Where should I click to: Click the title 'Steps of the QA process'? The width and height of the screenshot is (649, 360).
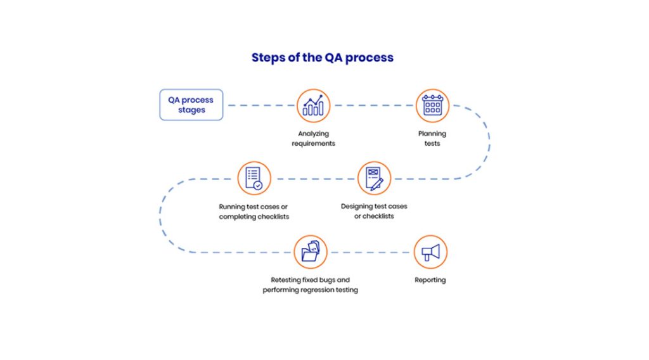tap(322, 58)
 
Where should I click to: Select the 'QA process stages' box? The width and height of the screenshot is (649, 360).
tap(191, 105)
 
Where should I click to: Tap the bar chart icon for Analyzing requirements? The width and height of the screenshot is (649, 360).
tap(314, 105)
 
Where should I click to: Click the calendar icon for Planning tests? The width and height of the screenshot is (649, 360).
tap(432, 105)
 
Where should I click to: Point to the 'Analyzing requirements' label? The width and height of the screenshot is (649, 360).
tap(314, 138)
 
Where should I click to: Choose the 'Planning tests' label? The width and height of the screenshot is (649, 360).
tap(432, 138)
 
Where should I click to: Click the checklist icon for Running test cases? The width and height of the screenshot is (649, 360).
tap(254, 177)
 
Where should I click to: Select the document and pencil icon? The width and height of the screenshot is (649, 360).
tap(374, 177)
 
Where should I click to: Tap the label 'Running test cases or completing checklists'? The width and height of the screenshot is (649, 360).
tap(254, 212)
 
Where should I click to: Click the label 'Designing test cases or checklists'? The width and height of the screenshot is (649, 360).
tap(374, 212)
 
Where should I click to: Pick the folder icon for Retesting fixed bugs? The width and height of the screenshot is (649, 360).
tap(311, 252)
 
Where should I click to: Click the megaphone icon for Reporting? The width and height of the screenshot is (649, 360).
tap(430, 252)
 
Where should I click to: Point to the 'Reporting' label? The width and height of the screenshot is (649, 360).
tap(430, 280)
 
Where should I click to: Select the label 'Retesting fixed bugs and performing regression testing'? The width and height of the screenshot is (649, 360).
tap(311, 285)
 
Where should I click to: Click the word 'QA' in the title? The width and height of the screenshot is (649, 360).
tap(335, 58)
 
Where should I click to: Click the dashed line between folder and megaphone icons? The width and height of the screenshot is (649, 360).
tap(370, 252)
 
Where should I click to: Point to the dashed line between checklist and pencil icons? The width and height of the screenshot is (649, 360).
tap(314, 178)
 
